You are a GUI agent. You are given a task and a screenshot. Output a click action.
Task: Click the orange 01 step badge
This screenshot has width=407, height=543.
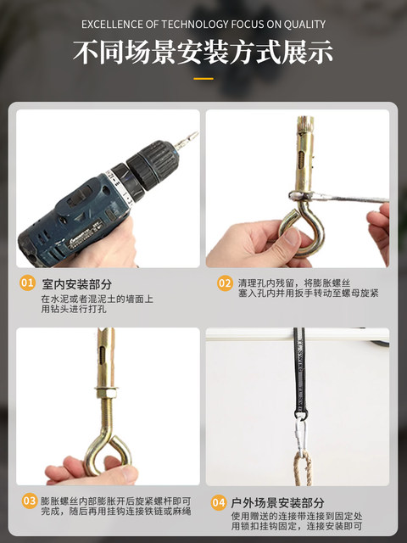(x=27, y=283)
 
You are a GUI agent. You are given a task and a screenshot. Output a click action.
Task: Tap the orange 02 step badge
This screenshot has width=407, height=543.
(x=225, y=283)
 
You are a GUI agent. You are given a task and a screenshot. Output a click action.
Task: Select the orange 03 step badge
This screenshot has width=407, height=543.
(x=30, y=501)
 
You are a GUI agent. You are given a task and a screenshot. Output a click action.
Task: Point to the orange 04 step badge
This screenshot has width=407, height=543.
(x=219, y=502)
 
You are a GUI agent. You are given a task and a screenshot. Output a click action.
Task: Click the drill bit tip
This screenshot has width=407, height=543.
(x=198, y=132)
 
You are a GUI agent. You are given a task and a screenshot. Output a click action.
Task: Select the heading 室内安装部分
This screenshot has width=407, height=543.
(x=77, y=285)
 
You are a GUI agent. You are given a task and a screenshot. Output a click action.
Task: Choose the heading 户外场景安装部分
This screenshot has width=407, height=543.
(x=277, y=503)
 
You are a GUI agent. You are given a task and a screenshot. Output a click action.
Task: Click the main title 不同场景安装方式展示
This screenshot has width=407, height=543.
(x=203, y=53)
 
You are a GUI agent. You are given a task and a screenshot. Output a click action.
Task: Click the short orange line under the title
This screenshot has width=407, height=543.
(x=203, y=79)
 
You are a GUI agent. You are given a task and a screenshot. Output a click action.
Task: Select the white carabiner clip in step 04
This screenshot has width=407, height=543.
(x=300, y=435)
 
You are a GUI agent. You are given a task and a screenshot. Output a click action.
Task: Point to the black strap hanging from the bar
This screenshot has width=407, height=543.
(x=300, y=373)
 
